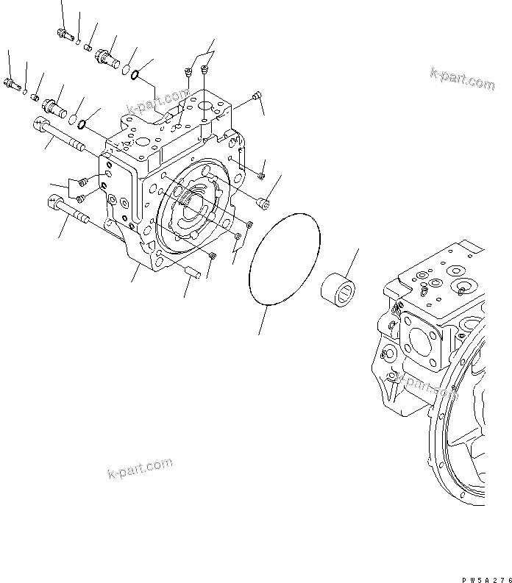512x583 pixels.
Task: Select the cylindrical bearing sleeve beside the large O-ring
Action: [x=340, y=288]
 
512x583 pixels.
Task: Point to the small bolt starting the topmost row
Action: [x=63, y=33]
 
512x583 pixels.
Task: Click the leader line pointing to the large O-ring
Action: [x=263, y=321]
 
